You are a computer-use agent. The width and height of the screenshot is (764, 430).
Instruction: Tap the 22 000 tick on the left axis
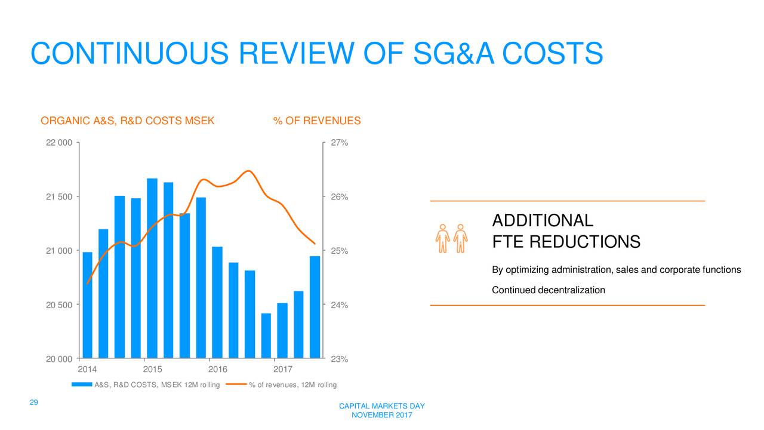tap(59, 143)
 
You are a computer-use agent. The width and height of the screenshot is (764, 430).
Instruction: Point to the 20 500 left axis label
tap(59, 305)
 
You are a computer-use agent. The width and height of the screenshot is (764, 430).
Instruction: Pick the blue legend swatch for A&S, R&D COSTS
tap(82, 385)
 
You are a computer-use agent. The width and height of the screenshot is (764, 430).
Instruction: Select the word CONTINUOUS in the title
tap(129, 54)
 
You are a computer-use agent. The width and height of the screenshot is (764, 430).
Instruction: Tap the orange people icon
tap(451, 239)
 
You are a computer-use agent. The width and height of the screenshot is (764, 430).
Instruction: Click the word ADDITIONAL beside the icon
tap(542, 221)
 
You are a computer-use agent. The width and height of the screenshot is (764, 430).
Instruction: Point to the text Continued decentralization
tap(548, 290)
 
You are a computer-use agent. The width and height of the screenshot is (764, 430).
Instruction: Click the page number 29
tap(34, 403)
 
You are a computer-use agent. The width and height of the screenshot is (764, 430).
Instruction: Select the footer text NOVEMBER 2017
tap(381, 416)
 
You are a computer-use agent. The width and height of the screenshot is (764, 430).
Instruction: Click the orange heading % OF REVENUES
tap(316, 121)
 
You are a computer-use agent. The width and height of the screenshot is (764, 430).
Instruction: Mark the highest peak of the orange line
tap(249, 171)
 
